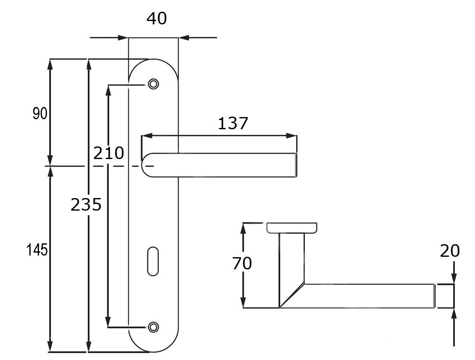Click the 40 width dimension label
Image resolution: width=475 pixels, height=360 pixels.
(x=157, y=18)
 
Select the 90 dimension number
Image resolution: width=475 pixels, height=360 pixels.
(x=40, y=114)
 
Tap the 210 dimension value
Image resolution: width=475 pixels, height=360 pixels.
(x=109, y=153)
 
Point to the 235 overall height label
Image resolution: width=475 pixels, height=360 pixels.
(x=86, y=204)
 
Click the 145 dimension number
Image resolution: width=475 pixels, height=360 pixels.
(x=37, y=250)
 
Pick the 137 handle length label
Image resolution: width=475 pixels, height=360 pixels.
(x=233, y=123)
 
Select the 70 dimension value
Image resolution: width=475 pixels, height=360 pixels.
(x=242, y=263)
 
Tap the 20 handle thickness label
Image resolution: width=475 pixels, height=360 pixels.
(x=450, y=251)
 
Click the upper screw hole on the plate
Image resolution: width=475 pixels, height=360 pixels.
(x=153, y=84)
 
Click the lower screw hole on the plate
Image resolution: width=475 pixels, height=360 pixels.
(x=153, y=327)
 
